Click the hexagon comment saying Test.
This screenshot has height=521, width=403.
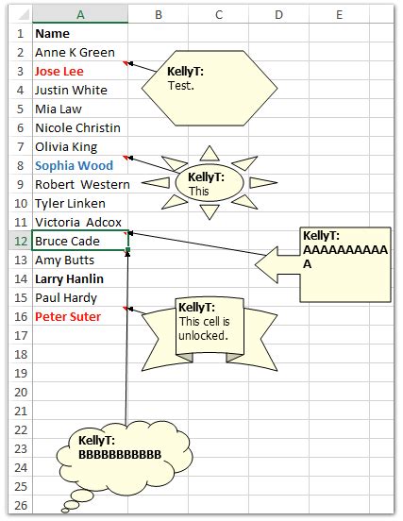[x=209, y=86]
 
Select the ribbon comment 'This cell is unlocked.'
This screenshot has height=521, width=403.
[x=209, y=330]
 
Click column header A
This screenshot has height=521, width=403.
[x=79, y=14]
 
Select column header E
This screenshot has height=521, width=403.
[x=339, y=14]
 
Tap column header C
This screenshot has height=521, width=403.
[x=218, y=14]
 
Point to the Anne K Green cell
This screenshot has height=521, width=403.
[x=75, y=52]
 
